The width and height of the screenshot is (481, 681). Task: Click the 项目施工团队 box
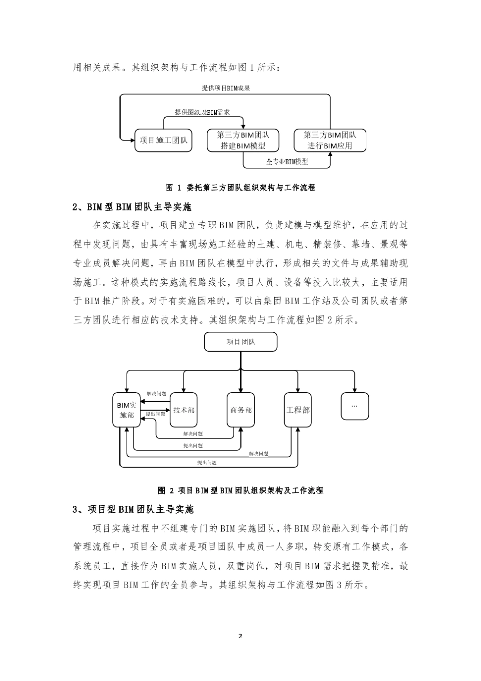click(x=164, y=140)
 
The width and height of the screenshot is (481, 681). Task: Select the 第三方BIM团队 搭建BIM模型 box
click(x=243, y=140)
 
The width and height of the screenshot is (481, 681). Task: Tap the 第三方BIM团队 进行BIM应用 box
click(x=330, y=140)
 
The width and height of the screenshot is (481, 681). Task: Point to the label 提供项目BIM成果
click(x=226, y=88)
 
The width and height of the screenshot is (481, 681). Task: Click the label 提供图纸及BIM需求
click(x=203, y=112)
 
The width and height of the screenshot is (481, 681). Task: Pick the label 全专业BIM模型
click(x=287, y=162)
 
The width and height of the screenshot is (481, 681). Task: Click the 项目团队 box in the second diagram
click(x=240, y=342)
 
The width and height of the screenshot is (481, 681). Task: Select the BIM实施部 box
click(x=127, y=410)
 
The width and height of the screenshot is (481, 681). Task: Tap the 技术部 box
click(x=184, y=410)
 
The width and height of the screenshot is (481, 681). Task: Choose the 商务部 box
click(x=240, y=410)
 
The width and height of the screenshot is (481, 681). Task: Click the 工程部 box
click(x=298, y=410)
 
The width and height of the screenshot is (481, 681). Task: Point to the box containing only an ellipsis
click(x=354, y=406)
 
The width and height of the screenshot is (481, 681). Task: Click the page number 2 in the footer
click(x=240, y=636)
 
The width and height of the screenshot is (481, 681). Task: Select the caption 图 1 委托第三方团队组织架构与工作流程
click(x=240, y=188)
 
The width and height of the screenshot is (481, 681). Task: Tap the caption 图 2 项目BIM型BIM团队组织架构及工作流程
click(x=240, y=490)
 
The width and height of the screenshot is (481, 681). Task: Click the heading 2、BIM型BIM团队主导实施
click(x=133, y=207)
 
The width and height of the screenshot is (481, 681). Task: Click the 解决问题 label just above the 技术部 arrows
click(x=156, y=394)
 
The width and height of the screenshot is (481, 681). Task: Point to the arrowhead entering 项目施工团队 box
click(x=131, y=138)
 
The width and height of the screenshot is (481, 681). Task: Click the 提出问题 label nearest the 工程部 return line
click(x=207, y=462)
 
